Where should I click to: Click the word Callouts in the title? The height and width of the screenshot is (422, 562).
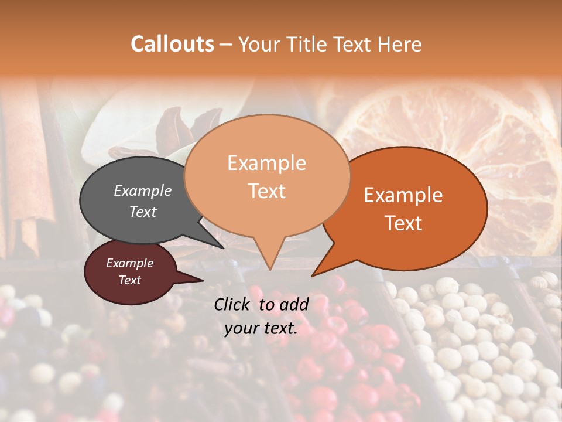(x=172, y=44)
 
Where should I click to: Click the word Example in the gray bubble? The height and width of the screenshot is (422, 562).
(x=143, y=190)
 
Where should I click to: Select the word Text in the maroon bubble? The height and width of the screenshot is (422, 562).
(x=129, y=280)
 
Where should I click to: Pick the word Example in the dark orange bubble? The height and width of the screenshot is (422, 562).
(x=403, y=195)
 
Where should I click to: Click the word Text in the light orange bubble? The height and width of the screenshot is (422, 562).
(x=267, y=190)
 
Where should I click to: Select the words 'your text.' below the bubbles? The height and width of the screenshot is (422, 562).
(x=261, y=328)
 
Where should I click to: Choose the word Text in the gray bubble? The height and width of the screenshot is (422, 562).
(x=143, y=212)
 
